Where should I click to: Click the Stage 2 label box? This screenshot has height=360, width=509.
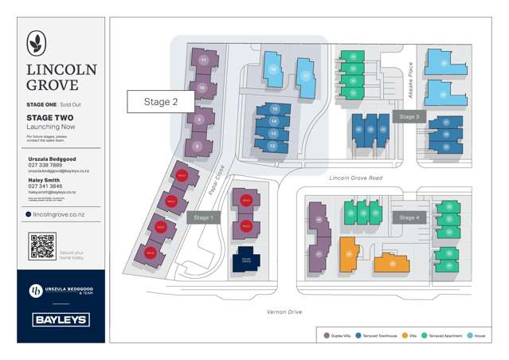(x=159, y=102)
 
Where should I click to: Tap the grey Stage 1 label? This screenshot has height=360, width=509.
(x=202, y=217)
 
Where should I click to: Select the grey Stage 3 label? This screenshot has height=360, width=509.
(x=409, y=116)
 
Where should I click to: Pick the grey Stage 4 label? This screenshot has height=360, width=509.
(x=409, y=217)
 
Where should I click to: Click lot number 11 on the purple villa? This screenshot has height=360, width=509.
(x=204, y=61)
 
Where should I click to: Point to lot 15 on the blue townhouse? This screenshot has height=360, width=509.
(x=274, y=108)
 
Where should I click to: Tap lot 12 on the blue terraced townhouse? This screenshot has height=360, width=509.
(x=272, y=146)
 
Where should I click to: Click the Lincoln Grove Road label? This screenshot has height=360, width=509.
(x=355, y=179)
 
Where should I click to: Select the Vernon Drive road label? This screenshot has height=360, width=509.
(x=284, y=311)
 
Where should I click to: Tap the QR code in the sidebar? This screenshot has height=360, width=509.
(x=42, y=246)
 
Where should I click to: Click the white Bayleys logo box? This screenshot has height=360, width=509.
(x=61, y=320)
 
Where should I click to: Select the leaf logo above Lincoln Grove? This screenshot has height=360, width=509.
(x=37, y=43)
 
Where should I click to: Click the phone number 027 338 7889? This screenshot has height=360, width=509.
(x=45, y=165)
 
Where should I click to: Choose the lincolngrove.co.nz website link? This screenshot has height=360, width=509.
(x=62, y=214)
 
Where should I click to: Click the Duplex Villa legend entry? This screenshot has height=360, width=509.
(x=335, y=335)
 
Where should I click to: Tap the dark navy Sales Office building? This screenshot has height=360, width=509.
(x=245, y=260)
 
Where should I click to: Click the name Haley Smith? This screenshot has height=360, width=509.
(x=45, y=180)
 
